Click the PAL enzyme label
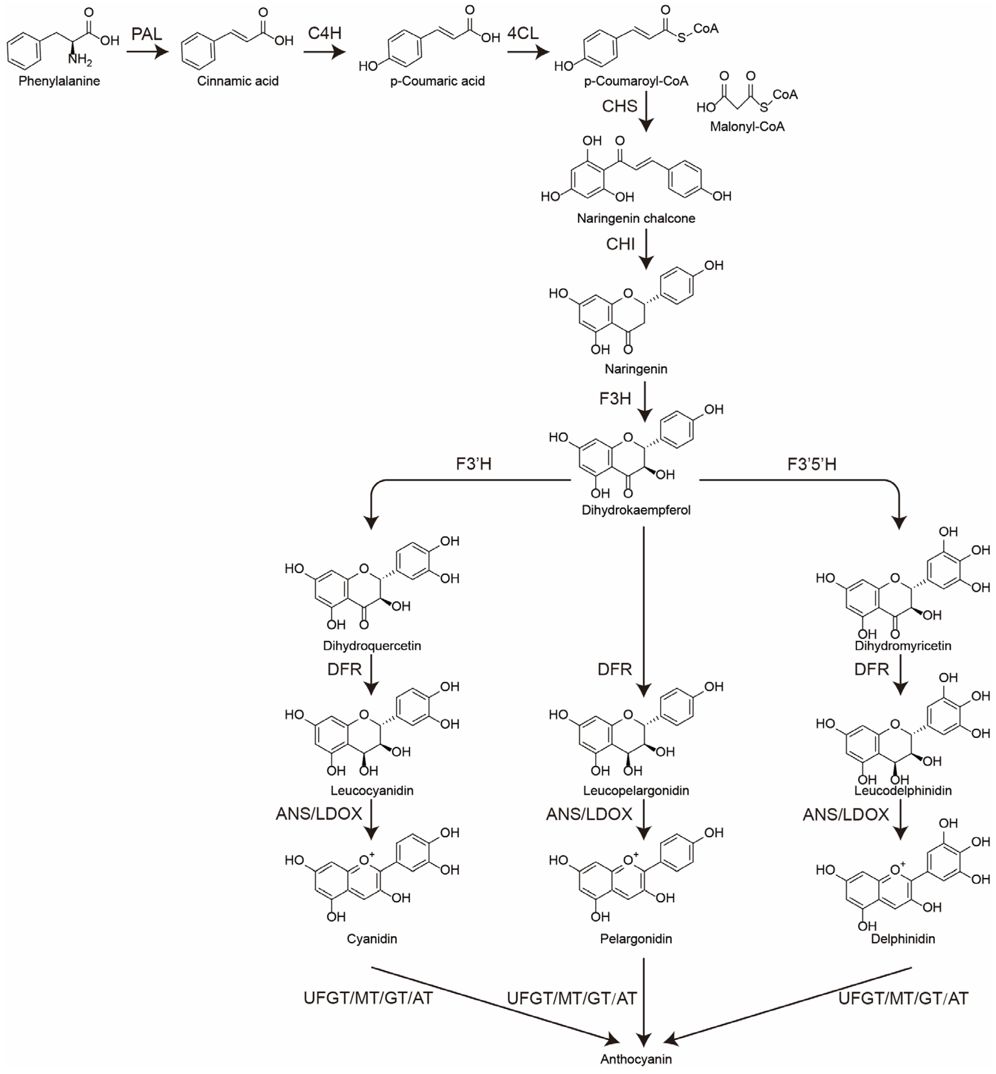click(147, 34)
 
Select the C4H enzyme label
click(325, 33)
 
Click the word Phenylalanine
click(59, 81)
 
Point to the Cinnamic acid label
click(238, 81)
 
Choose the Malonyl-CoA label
click(747, 127)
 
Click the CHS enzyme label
click(619, 106)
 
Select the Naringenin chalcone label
click(636, 218)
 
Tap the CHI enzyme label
click(620, 244)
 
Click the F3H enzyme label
click(615, 399)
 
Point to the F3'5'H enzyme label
click(812, 464)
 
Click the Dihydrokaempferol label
click(636, 510)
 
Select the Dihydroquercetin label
click(372, 646)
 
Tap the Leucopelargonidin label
click(636, 791)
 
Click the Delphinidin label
click(903, 939)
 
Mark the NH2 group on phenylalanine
click(80, 59)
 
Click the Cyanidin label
click(372, 939)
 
